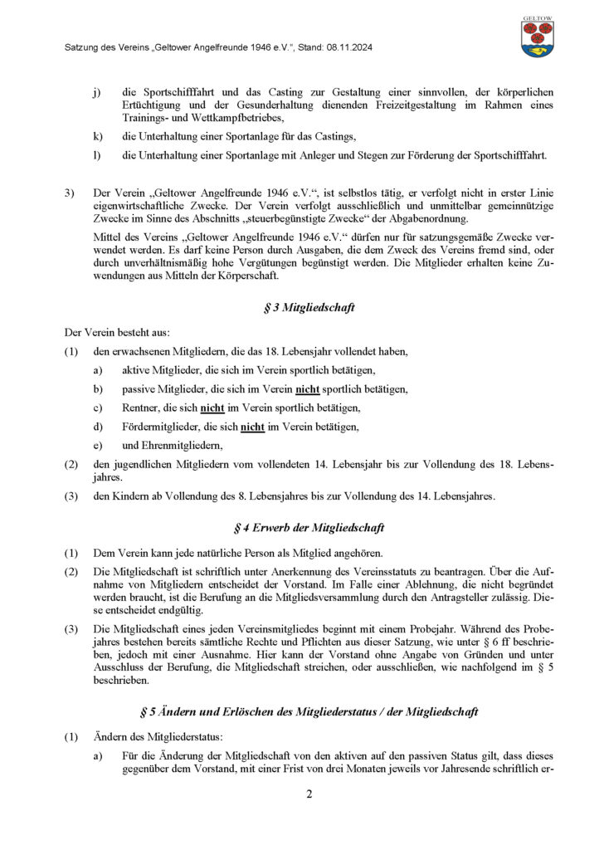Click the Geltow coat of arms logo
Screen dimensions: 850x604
[x=538, y=37]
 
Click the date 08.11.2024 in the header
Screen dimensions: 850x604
[x=349, y=48]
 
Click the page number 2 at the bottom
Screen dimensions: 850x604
[x=309, y=794]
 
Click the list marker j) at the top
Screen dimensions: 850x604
[x=97, y=91]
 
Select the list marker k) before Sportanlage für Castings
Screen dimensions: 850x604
[x=98, y=135]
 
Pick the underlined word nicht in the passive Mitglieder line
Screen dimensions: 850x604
[x=308, y=389]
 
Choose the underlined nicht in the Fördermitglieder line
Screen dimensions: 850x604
[x=252, y=427]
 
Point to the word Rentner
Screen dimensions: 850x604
[x=140, y=408]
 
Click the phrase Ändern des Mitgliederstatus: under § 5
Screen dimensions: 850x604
[x=153, y=737]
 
